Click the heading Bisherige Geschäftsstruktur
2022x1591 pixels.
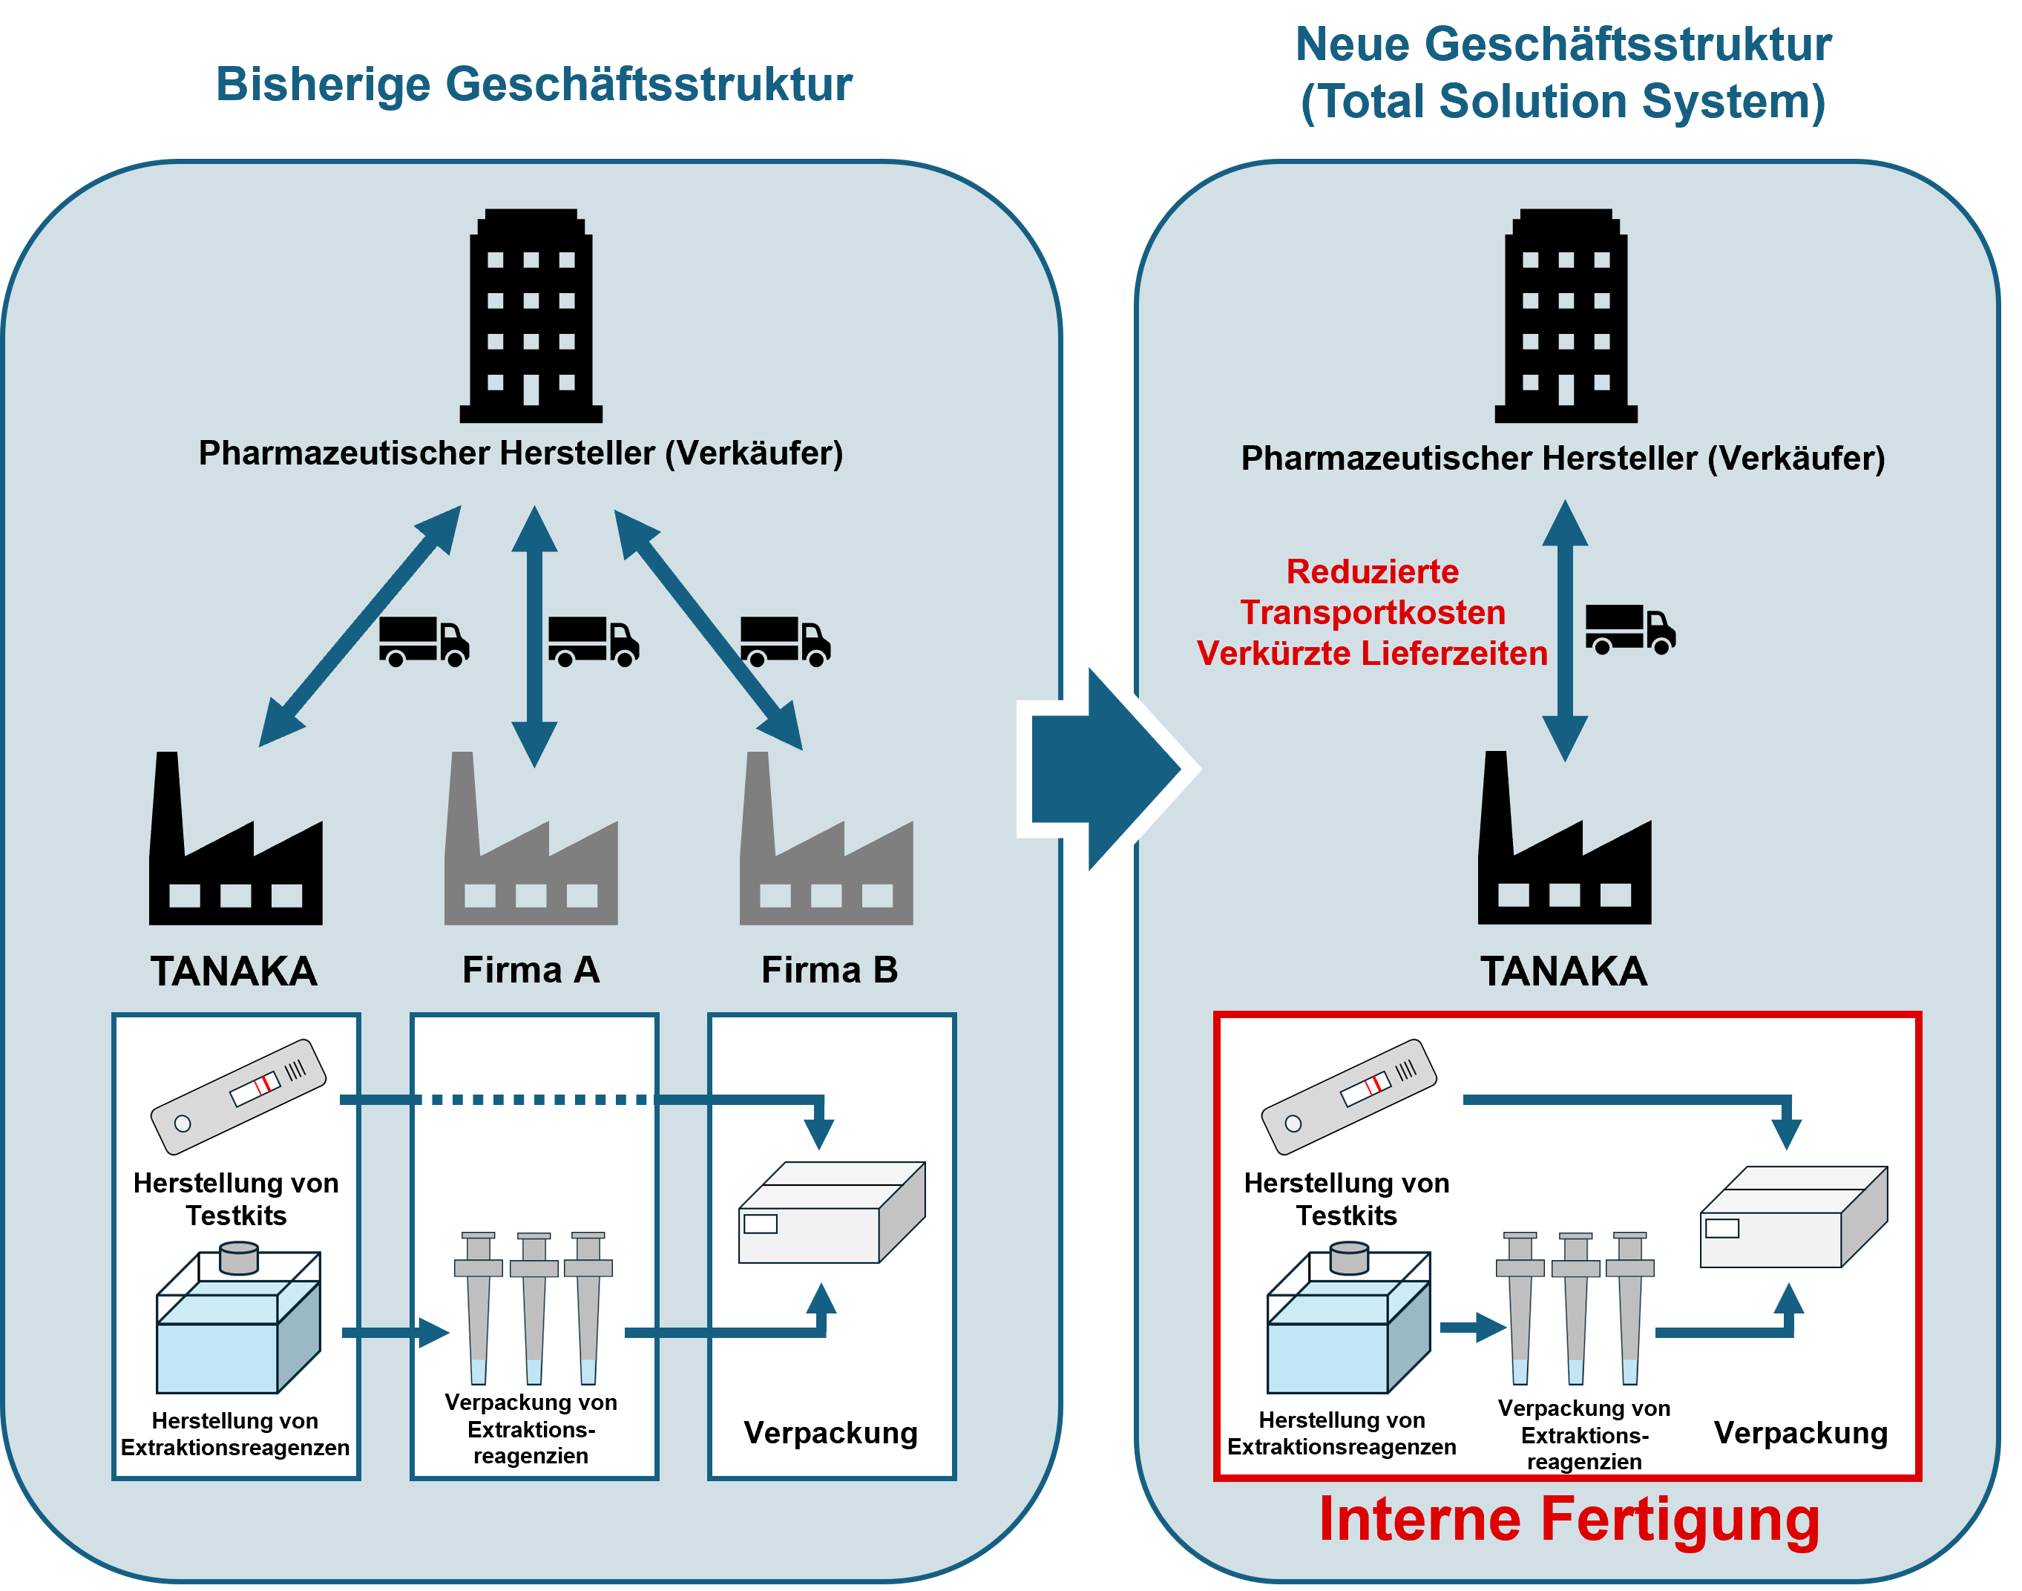tap(534, 84)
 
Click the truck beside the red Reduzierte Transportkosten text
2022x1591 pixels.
tap(1630, 631)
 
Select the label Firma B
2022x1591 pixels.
tap(829, 970)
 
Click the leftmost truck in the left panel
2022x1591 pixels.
tap(424, 641)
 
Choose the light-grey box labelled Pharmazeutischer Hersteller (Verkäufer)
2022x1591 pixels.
tap(1563, 457)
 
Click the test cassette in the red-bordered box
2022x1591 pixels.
tap(1349, 1095)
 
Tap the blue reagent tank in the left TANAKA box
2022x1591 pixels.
tap(238, 1322)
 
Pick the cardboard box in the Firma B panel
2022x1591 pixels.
tap(832, 1213)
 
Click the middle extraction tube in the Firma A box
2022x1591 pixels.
tap(534, 1309)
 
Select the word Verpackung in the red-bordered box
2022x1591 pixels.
tap(1800, 1433)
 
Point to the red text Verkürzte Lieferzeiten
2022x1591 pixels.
tap(1372, 653)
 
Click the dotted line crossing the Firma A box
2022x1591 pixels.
tap(534, 1100)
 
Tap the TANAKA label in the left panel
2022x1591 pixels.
tap(234, 971)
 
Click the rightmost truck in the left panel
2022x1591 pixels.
tap(785, 641)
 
